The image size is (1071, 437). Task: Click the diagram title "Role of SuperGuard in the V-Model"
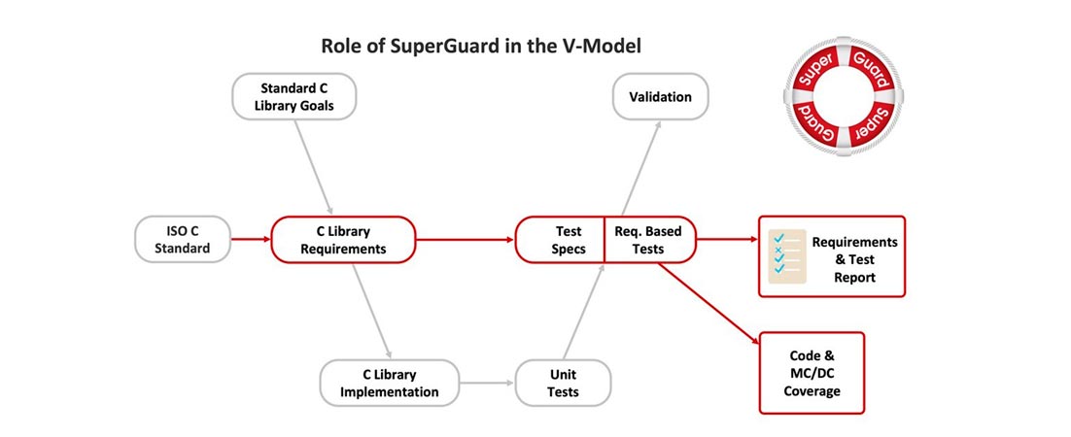[481, 47]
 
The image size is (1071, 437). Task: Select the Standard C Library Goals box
[294, 97]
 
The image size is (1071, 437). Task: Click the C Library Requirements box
[343, 240]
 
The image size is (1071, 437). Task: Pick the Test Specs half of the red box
[561, 240]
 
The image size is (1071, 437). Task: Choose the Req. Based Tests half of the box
[649, 240]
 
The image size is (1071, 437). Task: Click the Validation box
[660, 97]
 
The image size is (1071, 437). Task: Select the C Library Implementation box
[388, 383]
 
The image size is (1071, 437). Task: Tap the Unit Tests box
[563, 383]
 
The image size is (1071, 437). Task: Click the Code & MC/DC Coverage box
[812, 373]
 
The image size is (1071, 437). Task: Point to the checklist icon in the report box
[784, 257]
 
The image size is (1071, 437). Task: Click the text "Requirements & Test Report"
[854, 259]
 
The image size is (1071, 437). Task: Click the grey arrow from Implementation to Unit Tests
[485, 383]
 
